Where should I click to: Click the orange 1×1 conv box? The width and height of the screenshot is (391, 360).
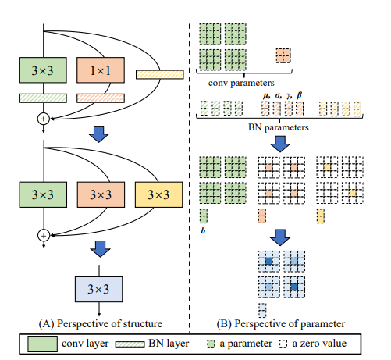[x=101, y=70]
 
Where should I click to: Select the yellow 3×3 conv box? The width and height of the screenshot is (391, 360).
[x=158, y=194]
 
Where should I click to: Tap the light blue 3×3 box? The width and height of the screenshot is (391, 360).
[x=99, y=289]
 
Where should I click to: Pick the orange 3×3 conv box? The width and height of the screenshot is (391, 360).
[x=101, y=194]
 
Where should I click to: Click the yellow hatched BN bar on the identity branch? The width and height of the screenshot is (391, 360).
[x=160, y=74]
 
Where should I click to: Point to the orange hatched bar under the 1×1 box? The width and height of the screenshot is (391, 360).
[x=101, y=98]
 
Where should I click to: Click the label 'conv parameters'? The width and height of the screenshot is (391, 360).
[x=241, y=84]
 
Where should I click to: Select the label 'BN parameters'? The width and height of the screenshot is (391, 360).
[x=279, y=127]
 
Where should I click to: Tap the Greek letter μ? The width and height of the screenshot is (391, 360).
[x=266, y=95]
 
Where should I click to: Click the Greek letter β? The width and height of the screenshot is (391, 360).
[x=299, y=95]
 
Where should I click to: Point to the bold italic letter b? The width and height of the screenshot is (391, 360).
[x=203, y=230]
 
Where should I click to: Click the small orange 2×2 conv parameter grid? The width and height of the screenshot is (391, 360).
[x=283, y=55]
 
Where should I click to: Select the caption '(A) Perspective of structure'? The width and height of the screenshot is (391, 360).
[x=101, y=323]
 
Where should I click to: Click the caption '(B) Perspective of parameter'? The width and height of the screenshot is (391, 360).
[x=281, y=323]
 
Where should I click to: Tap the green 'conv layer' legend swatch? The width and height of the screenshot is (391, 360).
[x=42, y=344]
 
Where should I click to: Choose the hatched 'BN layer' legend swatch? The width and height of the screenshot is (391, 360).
[x=130, y=344]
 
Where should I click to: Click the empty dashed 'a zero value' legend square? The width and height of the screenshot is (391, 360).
[x=283, y=344]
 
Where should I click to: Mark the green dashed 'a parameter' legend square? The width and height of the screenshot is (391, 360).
[x=211, y=344]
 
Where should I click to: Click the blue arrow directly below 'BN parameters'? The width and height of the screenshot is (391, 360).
[x=280, y=144]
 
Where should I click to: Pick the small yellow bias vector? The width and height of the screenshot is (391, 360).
[x=321, y=216]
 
